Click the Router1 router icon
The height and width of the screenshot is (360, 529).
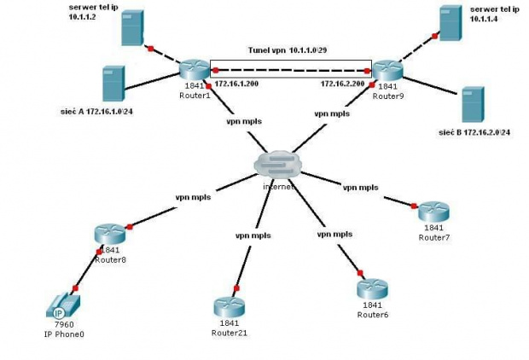(195, 70)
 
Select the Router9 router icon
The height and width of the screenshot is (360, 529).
(387, 70)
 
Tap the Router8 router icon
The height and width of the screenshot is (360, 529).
(110, 233)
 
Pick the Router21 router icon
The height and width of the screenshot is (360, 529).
(229, 306)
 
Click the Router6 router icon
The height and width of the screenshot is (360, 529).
(372, 288)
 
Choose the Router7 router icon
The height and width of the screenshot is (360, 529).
(433, 212)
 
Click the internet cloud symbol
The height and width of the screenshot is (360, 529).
(277, 165)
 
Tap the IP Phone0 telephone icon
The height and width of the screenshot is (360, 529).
(63, 305)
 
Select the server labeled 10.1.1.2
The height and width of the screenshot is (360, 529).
(132, 27)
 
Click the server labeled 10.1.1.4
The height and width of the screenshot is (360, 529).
(451, 23)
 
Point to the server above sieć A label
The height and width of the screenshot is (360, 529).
(113, 84)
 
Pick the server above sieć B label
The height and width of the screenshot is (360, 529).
(473, 104)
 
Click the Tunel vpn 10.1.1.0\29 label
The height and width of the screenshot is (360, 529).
(288, 50)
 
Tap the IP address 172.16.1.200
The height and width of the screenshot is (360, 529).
(236, 84)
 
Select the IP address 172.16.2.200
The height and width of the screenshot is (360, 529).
(342, 84)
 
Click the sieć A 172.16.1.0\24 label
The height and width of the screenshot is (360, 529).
(96, 112)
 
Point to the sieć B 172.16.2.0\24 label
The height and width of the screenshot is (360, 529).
(474, 132)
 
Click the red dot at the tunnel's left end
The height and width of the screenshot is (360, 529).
(216, 71)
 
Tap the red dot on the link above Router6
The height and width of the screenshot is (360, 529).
(360, 273)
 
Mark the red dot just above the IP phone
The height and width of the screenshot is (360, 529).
(75, 288)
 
